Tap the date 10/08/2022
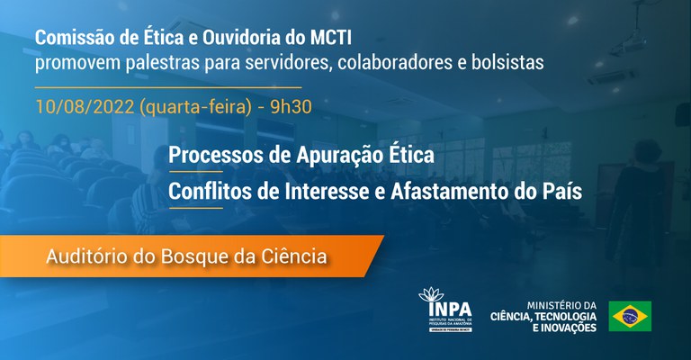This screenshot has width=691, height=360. pyautogui.click(x=85, y=106)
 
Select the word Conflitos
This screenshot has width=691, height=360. pyautogui.click(x=212, y=191)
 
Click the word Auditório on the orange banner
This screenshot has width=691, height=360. pyautogui.click(x=83, y=257)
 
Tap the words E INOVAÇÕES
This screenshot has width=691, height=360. pyautogui.click(x=558, y=328)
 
